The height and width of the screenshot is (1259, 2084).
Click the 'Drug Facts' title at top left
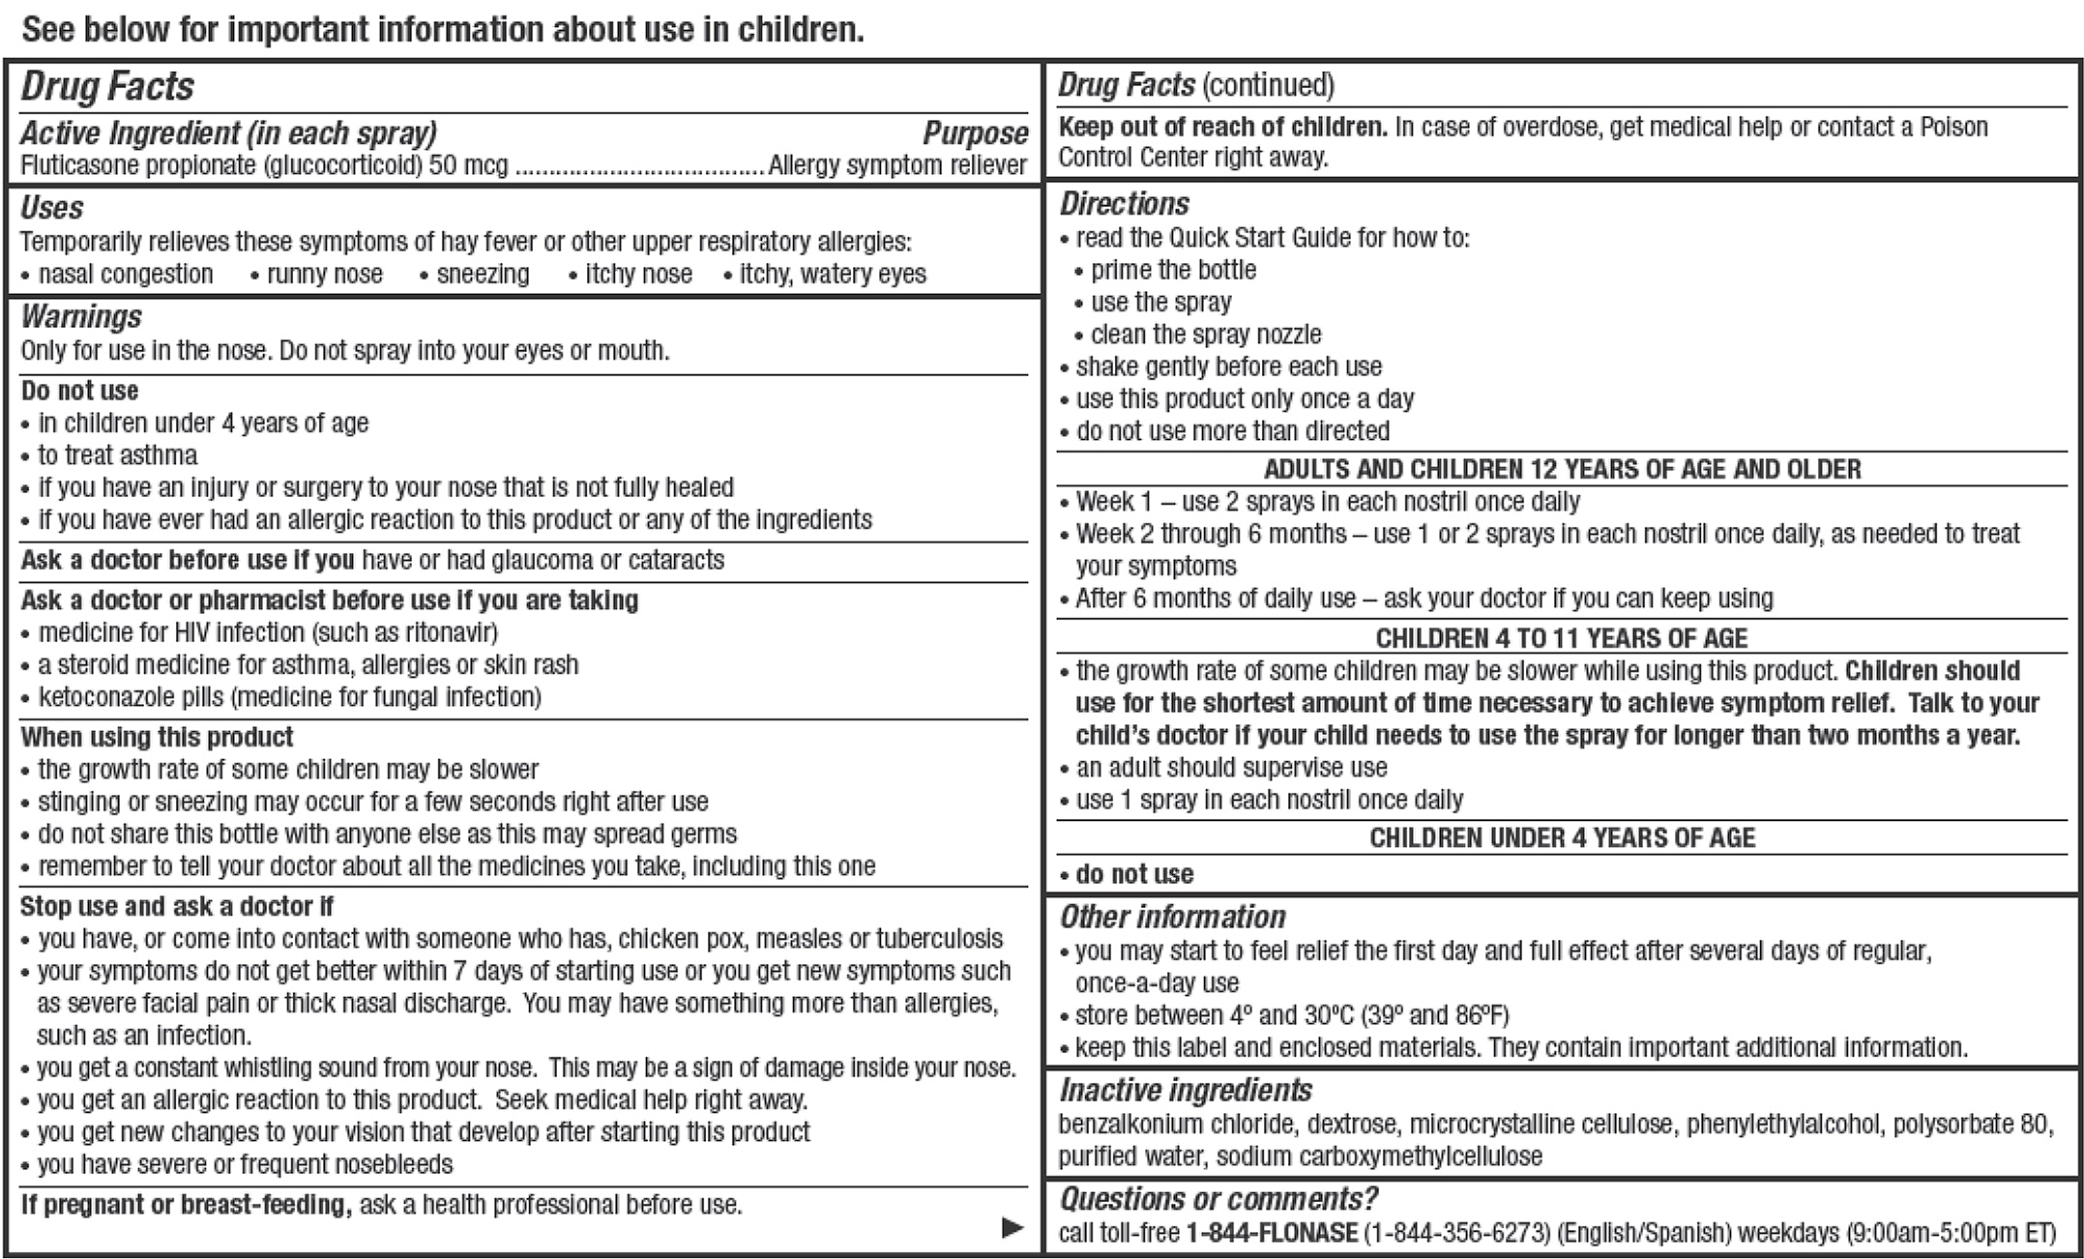pos(107,87)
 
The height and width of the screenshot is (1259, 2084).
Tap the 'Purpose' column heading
pos(975,133)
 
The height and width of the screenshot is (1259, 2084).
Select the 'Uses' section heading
pos(52,207)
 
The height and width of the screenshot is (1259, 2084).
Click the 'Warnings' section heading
pos(81,316)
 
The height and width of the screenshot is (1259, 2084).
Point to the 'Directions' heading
pos(1125,203)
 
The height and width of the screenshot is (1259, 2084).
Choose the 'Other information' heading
pos(1172,916)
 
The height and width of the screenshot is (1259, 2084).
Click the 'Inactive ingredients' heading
pos(1186,1090)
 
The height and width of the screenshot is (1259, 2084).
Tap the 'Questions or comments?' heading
pos(1218,1199)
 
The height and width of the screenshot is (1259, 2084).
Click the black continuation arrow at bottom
pos(1012,1227)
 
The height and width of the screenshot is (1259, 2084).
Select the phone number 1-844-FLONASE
pos(1272,1233)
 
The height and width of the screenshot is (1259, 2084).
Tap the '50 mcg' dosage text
pos(468,165)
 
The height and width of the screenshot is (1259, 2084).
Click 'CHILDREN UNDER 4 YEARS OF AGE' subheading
pos(1562,837)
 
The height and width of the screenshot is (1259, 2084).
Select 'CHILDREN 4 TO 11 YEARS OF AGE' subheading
pos(1562,638)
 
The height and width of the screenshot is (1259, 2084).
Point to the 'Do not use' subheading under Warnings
pos(79,391)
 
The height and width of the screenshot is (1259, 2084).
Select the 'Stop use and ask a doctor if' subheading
pos(176,906)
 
